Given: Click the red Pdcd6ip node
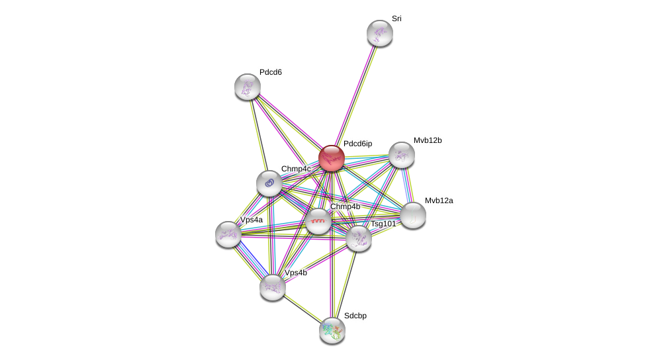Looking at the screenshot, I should [332, 158].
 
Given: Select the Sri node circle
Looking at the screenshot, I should [380, 33].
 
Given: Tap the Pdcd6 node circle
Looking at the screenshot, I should [248, 87].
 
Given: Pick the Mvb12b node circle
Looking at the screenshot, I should [402, 155].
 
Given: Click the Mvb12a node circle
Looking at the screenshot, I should [413, 215].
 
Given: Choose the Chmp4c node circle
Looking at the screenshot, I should [269, 183].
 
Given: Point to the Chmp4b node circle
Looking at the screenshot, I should [318, 221].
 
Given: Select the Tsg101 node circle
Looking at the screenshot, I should [359, 238].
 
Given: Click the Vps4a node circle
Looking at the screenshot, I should [228, 234].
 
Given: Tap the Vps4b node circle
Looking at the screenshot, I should [273, 287].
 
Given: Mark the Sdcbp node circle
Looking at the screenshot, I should [332, 330].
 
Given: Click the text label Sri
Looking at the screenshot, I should [396, 19].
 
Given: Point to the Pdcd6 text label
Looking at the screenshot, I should [270, 72].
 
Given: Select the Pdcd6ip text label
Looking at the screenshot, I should [357, 144].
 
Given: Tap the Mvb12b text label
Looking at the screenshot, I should [428, 140].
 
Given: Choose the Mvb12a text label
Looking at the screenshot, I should [439, 201].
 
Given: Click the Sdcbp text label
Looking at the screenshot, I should [355, 316].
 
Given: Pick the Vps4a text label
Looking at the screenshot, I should [252, 220].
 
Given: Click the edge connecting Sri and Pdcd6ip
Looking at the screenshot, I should [356, 95].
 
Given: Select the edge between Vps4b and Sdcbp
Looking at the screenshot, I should [302, 309].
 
